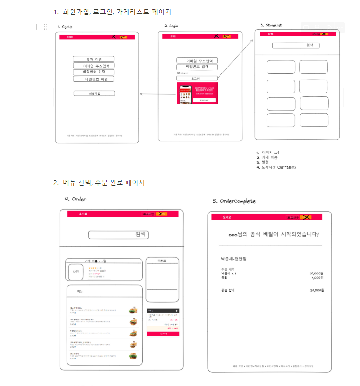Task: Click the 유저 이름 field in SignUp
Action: pos(93,59)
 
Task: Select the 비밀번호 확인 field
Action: pos(93,79)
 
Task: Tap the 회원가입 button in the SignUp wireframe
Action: pos(94,93)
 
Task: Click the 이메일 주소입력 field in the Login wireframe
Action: pos(198,60)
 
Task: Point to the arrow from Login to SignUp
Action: pos(158,94)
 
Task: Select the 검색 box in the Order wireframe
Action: pos(119,234)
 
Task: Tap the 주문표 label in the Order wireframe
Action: pos(162,260)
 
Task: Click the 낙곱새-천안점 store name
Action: pos(233,259)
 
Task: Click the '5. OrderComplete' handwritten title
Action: pos(234,201)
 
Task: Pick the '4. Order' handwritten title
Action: pos(75,199)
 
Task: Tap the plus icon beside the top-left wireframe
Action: pos(37,27)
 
